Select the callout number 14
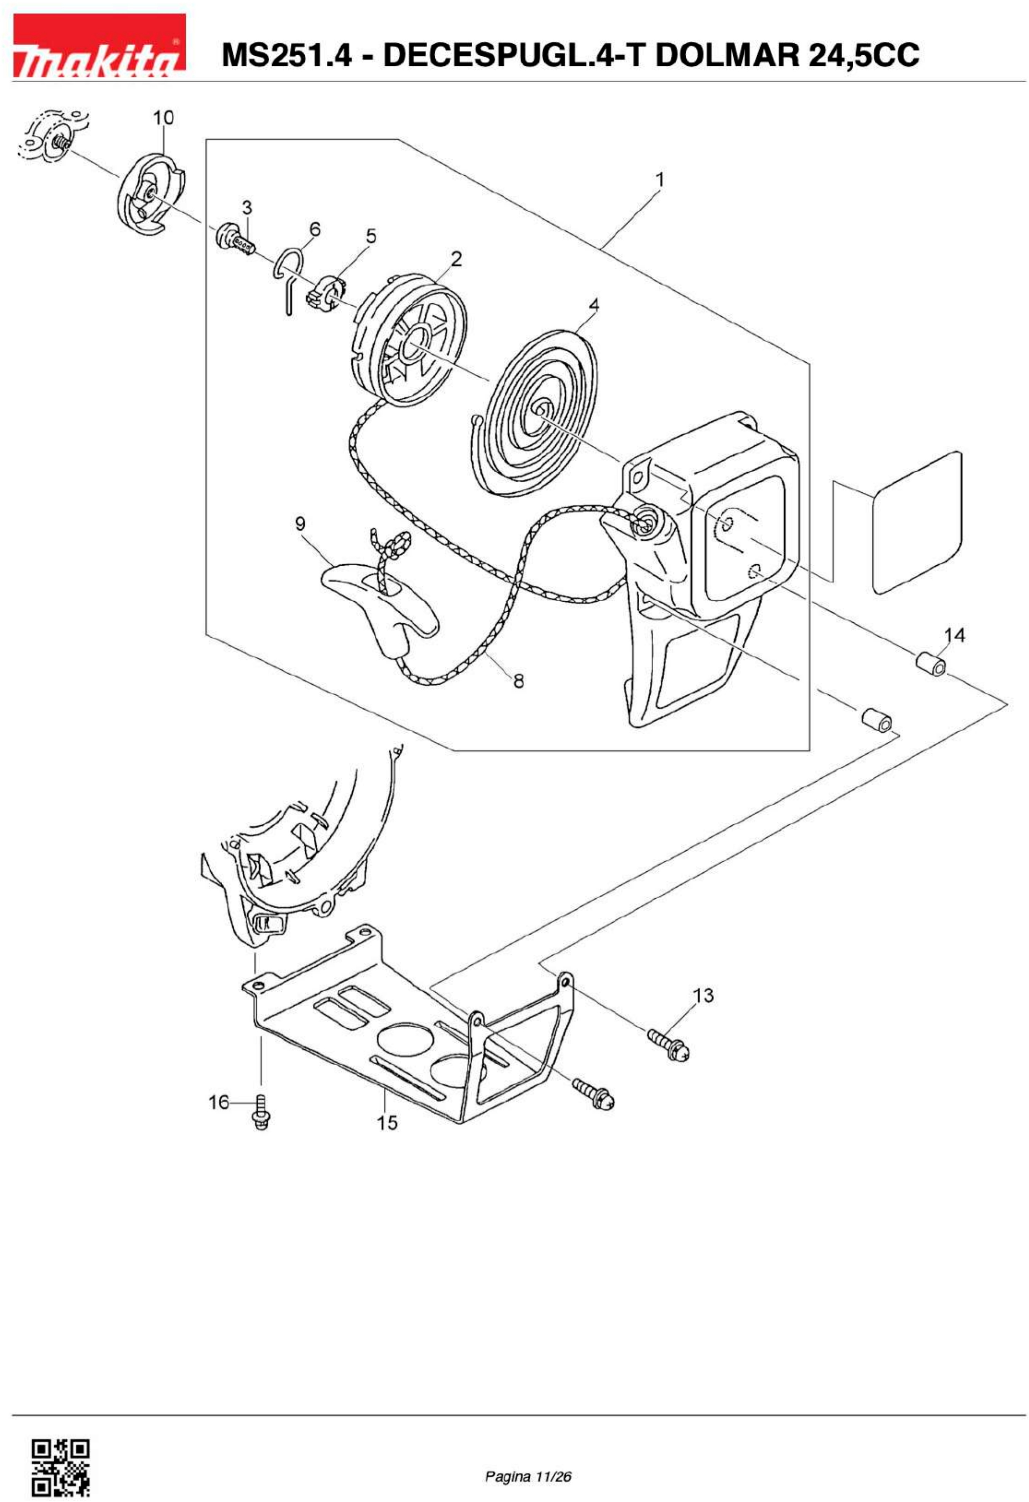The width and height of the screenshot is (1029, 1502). tap(954, 635)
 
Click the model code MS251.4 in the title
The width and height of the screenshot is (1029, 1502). tap(287, 55)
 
